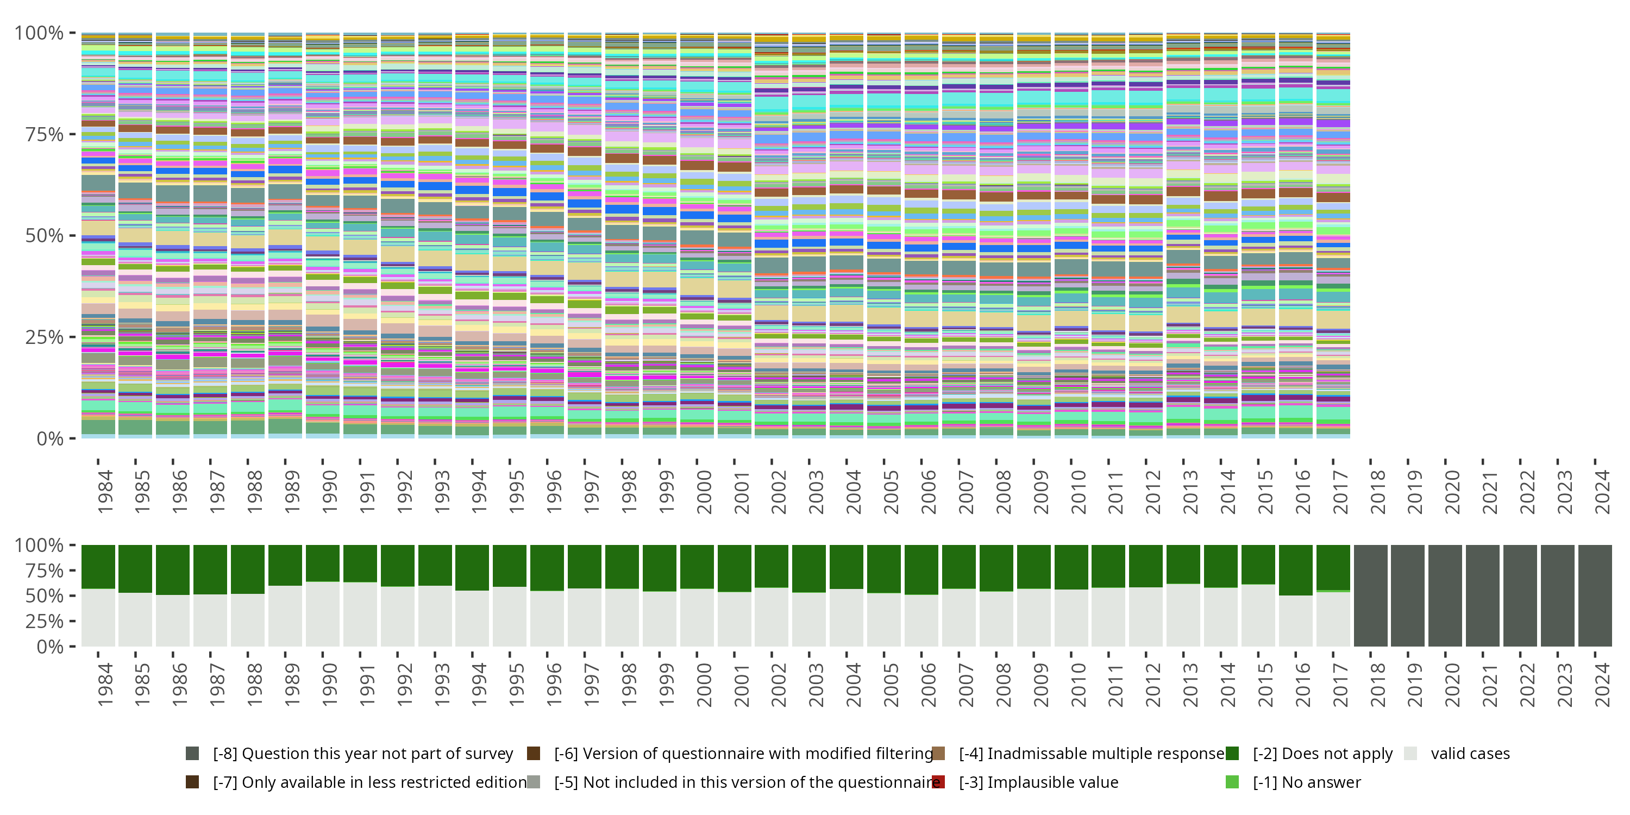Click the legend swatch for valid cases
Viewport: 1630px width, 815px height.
point(1410,753)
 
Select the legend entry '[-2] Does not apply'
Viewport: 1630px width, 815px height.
point(1322,753)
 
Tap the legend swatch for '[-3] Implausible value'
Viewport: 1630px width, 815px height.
point(938,782)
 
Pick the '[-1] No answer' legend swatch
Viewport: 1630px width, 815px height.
point(1232,782)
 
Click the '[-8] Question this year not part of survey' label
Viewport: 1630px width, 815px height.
point(362,753)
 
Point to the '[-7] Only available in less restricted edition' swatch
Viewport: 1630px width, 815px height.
point(192,782)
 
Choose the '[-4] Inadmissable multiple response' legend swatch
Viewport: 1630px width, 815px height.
point(938,753)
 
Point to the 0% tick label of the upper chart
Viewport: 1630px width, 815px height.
point(50,438)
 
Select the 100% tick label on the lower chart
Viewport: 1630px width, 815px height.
point(39,545)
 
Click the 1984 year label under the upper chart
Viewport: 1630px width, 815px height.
point(105,492)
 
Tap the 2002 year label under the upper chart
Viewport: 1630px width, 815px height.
point(778,492)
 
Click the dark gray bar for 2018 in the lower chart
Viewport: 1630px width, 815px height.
point(1371,595)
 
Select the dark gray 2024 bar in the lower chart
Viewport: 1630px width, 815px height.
point(1595,595)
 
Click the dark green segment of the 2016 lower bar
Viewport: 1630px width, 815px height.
point(1295,569)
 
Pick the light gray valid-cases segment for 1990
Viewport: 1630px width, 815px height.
point(323,614)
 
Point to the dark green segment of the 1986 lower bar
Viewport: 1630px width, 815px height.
point(173,569)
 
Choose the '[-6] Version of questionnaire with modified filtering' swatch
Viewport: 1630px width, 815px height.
point(534,753)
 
